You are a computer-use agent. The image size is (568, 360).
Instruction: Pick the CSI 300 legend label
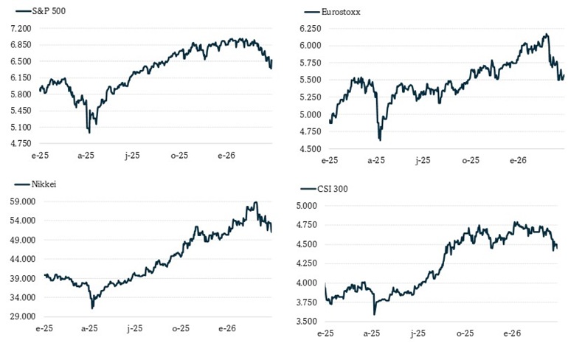[333, 189]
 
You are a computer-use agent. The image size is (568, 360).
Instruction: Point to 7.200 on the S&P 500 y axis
[20, 28]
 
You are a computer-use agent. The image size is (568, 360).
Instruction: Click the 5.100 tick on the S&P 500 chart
[20, 127]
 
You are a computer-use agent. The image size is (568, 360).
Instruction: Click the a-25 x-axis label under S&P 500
[86, 156]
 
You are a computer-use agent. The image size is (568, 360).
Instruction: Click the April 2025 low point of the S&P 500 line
[89, 132]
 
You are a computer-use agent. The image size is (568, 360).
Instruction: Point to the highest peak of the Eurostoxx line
[547, 34]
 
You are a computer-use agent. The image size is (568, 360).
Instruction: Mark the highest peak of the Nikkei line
[256, 202]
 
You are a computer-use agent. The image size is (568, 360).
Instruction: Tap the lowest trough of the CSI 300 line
[375, 314]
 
